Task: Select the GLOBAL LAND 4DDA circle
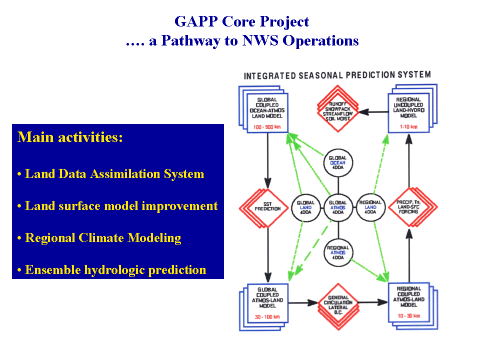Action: coord(305,207)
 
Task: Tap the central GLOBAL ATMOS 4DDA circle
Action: coord(338,207)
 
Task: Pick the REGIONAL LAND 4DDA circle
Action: coord(371,207)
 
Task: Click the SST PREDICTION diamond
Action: coord(268,207)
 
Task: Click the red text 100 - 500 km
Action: coord(267,127)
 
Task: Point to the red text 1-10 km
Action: coord(409,127)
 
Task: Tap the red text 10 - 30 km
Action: coord(409,316)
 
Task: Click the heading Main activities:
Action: coord(70,137)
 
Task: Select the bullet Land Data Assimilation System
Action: coord(110,174)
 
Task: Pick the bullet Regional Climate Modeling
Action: coord(99,238)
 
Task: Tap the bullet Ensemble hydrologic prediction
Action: coord(111,270)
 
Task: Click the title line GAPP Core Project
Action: coord(241,22)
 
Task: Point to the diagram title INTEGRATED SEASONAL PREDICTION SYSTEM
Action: coord(336,75)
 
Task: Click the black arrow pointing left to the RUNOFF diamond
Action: coord(375,112)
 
